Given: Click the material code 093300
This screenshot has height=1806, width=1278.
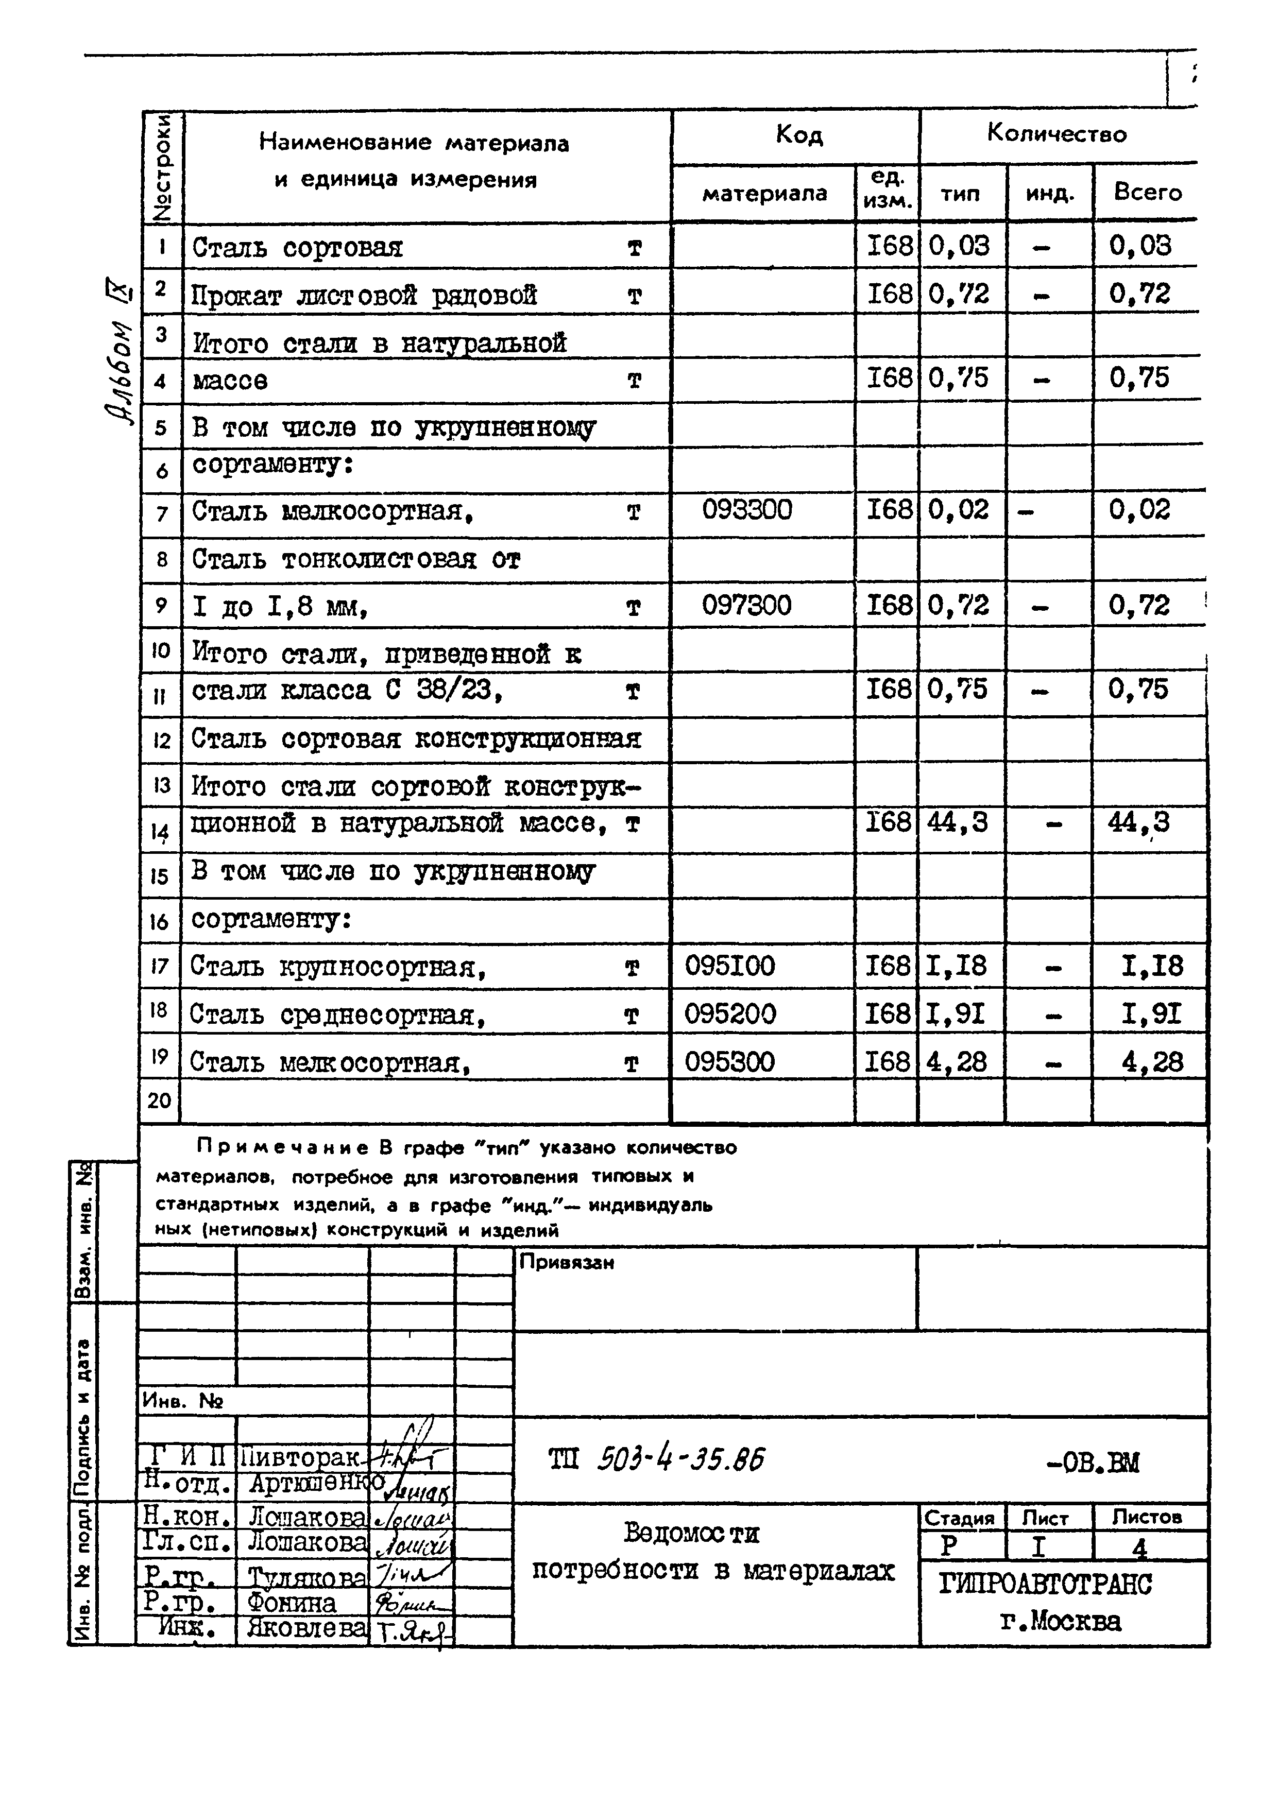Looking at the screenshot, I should [747, 510].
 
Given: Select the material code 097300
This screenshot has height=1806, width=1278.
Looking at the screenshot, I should [747, 606].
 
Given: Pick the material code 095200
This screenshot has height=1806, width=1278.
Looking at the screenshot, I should [729, 1014].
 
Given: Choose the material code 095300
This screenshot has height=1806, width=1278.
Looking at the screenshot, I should [729, 1062].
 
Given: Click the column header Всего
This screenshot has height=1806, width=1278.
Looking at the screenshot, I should [1147, 193].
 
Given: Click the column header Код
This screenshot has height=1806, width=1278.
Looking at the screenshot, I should [799, 136].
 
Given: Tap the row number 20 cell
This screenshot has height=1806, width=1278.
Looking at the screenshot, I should [159, 1100].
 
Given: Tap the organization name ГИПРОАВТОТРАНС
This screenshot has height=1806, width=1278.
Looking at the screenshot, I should [1045, 1584].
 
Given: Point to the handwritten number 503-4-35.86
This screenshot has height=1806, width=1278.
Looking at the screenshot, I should [680, 1460].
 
